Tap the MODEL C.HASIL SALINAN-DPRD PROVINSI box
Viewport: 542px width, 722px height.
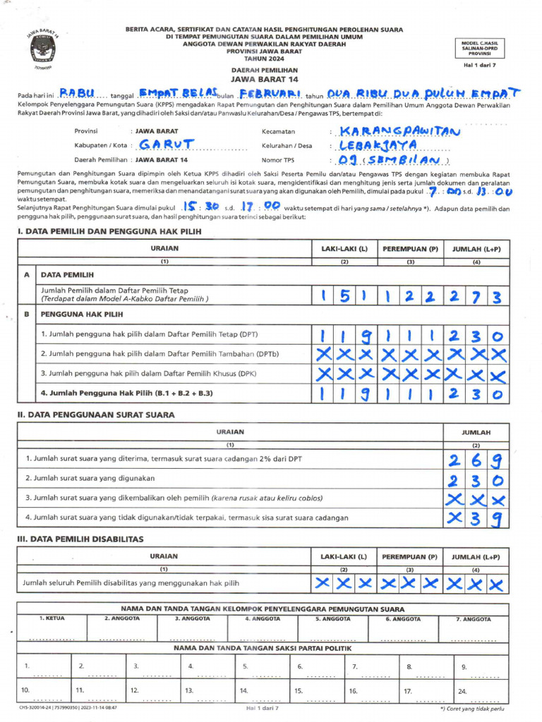coord(480,48)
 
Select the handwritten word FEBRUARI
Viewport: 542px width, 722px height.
coord(270,93)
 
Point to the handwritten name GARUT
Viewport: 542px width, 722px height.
coord(165,145)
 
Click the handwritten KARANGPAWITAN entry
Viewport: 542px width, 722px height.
coord(399,131)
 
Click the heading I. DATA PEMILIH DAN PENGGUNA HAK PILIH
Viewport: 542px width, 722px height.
coord(109,231)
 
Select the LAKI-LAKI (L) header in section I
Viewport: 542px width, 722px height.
coord(344,249)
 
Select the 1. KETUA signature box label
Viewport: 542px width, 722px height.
coord(52,618)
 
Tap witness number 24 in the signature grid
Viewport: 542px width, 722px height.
coord(463,691)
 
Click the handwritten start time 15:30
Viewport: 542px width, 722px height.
coord(199,206)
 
